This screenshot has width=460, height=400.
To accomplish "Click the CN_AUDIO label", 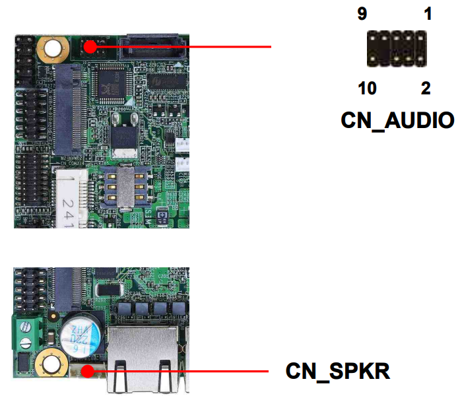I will (397, 120).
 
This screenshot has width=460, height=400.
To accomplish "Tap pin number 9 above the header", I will (362, 14).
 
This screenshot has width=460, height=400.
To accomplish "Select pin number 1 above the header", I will (428, 14).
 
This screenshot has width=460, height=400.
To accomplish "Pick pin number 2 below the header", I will (426, 88).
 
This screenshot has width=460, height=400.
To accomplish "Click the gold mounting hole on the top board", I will (52, 48).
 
